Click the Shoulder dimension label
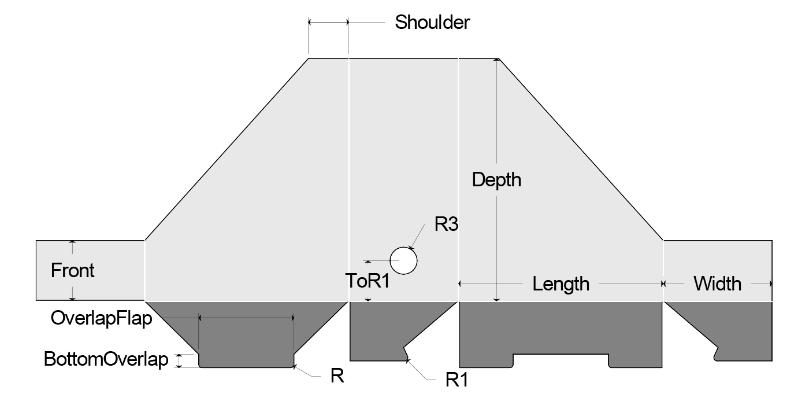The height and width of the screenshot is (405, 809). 432,23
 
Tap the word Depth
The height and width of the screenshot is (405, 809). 496,180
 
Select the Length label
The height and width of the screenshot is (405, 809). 561,284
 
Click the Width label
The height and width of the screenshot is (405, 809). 717,284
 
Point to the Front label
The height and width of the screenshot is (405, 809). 73,270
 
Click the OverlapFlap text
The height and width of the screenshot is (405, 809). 101,318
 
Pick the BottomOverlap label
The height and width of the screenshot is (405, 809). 106,359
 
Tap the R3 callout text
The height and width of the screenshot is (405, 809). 446,224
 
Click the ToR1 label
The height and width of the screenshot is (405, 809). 368,282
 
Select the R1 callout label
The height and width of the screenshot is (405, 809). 456,380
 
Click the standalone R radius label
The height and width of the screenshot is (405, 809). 337,376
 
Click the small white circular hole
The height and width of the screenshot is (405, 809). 403,260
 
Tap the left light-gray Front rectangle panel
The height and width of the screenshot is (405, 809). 90,270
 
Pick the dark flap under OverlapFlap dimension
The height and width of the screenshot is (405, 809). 246,341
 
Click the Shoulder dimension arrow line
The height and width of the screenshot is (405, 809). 328,22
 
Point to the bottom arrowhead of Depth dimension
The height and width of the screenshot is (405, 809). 496,299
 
